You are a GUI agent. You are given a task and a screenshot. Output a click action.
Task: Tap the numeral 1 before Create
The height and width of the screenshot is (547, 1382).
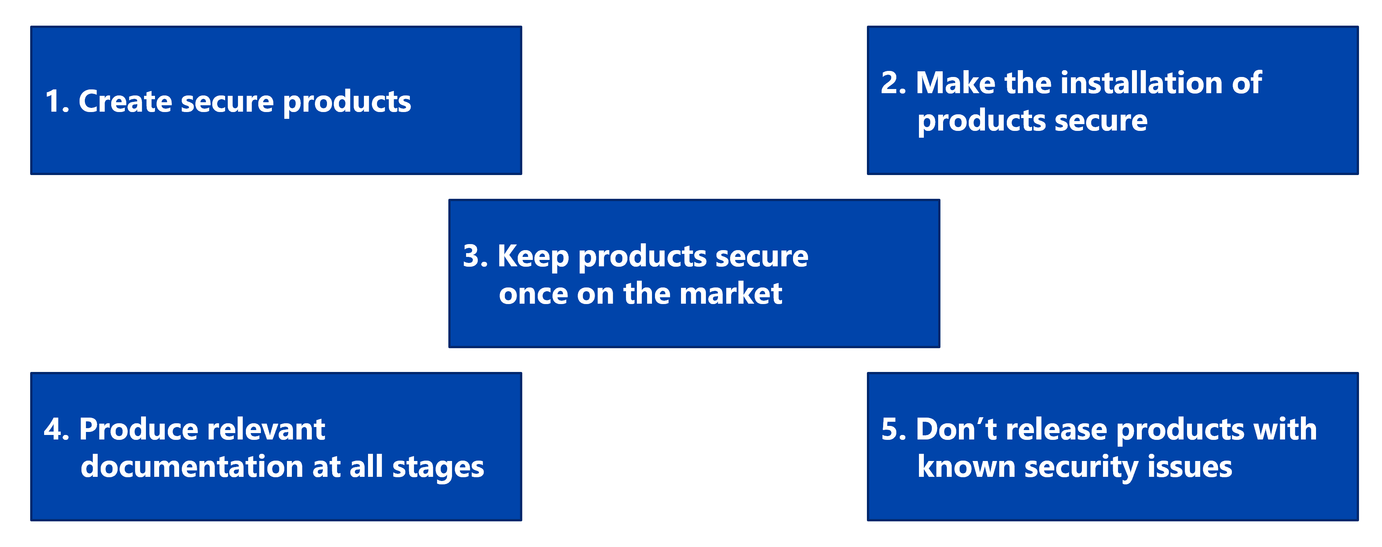pos(52,101)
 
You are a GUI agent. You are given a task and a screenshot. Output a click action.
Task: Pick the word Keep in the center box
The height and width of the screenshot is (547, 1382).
pos(533,257)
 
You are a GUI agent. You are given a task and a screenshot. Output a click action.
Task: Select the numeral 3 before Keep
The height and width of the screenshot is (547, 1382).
pos(472,256)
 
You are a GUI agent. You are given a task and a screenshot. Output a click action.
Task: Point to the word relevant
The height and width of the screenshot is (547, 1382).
pos(265,429)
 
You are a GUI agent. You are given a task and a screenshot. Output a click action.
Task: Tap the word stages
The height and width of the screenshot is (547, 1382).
pos(438,467)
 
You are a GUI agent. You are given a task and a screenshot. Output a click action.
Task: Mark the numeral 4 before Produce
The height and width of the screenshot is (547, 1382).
pos(53,429)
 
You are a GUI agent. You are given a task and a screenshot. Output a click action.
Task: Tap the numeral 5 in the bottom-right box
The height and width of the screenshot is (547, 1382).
pos(891,429)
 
